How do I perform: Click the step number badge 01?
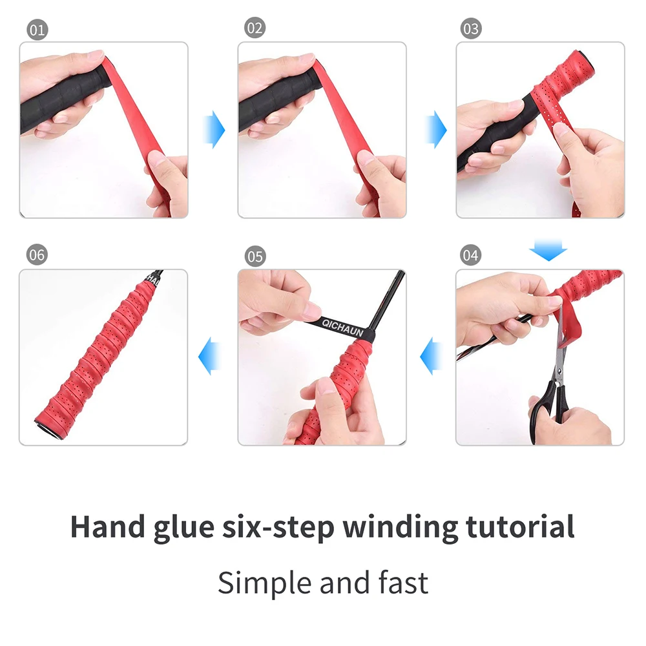[37, 30]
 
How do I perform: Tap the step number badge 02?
[255, 28]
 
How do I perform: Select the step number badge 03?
[471, 28]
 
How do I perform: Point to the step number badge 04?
[471, 255]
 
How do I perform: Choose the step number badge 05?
[255, 256]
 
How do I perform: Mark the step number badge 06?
[37, 255]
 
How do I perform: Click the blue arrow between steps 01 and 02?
[213, 129]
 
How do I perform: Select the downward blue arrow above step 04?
[547, 250]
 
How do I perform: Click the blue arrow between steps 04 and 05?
[430, 357]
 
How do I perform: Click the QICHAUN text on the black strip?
[342, 328]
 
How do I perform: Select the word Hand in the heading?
[107, 526]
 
